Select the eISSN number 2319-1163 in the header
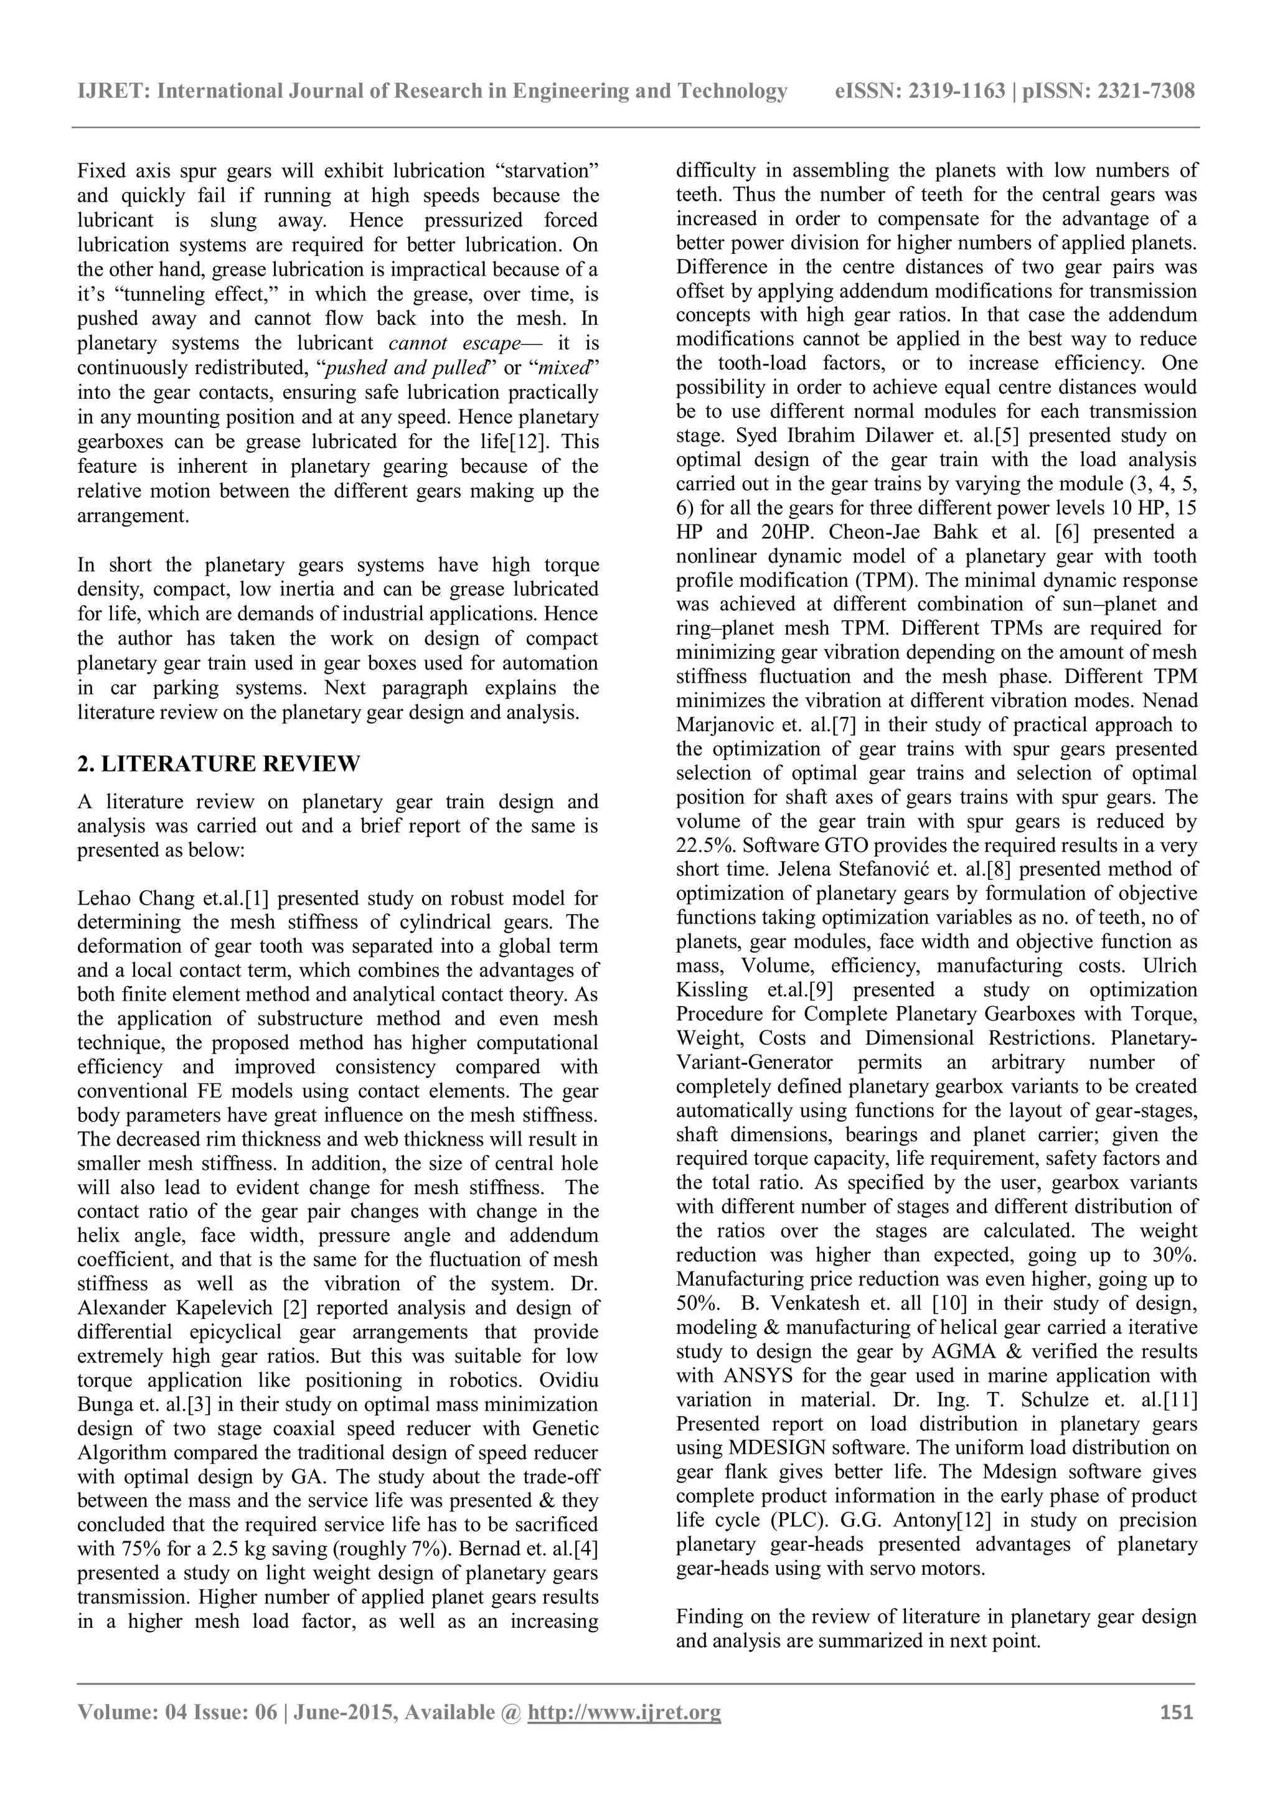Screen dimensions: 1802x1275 [x=956, y=92]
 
